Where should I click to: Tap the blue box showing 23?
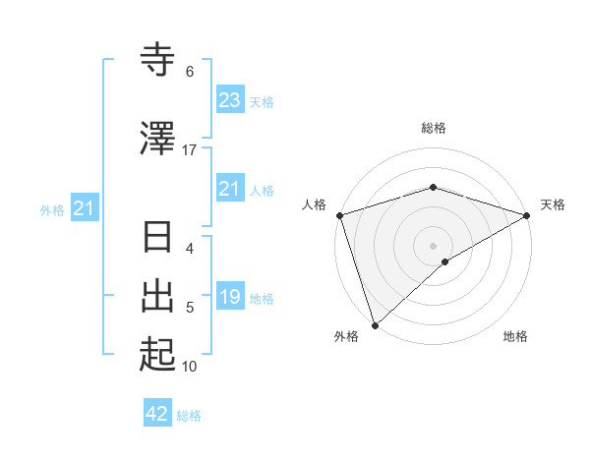229,100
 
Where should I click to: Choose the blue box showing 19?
229,297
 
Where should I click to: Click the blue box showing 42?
157,414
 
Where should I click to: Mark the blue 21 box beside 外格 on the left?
84,208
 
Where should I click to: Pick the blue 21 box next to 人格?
229,189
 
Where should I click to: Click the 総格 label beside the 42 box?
189,416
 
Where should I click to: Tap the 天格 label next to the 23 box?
262,102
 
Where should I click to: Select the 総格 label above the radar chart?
433,128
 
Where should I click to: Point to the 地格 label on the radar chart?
515,336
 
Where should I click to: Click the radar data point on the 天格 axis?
526,215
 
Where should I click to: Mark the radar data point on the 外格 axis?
375,324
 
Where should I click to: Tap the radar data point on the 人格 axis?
339,215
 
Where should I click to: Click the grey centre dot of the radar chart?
433,245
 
